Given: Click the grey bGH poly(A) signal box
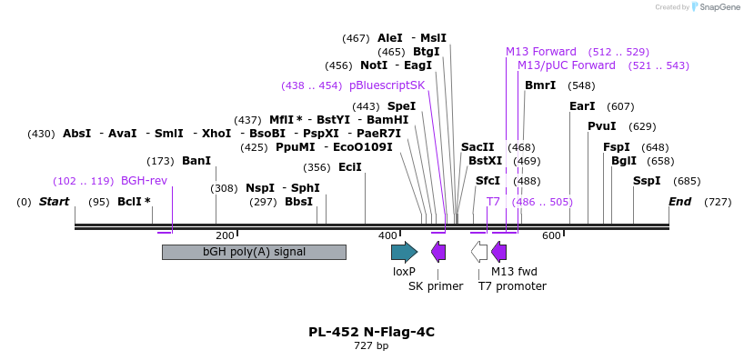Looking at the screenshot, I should (254, 252).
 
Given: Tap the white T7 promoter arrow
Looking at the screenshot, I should (479, 252).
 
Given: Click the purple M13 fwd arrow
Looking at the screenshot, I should (498, 252).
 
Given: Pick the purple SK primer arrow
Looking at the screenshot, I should (438, 252).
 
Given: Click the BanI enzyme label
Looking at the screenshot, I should (196, 161).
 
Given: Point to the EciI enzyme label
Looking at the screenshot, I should (349, 167).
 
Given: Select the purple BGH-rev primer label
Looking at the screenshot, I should (144, 181).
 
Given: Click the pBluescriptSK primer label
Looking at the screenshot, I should (387, 85).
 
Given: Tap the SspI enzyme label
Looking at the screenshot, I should (647, 181).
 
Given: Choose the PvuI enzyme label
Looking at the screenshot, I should (601, 126).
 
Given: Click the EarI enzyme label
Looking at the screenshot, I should (582, 106).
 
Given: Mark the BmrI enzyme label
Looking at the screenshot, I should (540, 85).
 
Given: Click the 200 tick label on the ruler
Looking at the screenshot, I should (225, 235).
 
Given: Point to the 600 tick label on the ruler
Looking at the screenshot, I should (551, 235).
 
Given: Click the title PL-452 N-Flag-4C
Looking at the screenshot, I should (371, 332).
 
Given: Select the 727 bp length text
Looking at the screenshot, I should (371, 346).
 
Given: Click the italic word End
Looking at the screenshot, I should (679, 201).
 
